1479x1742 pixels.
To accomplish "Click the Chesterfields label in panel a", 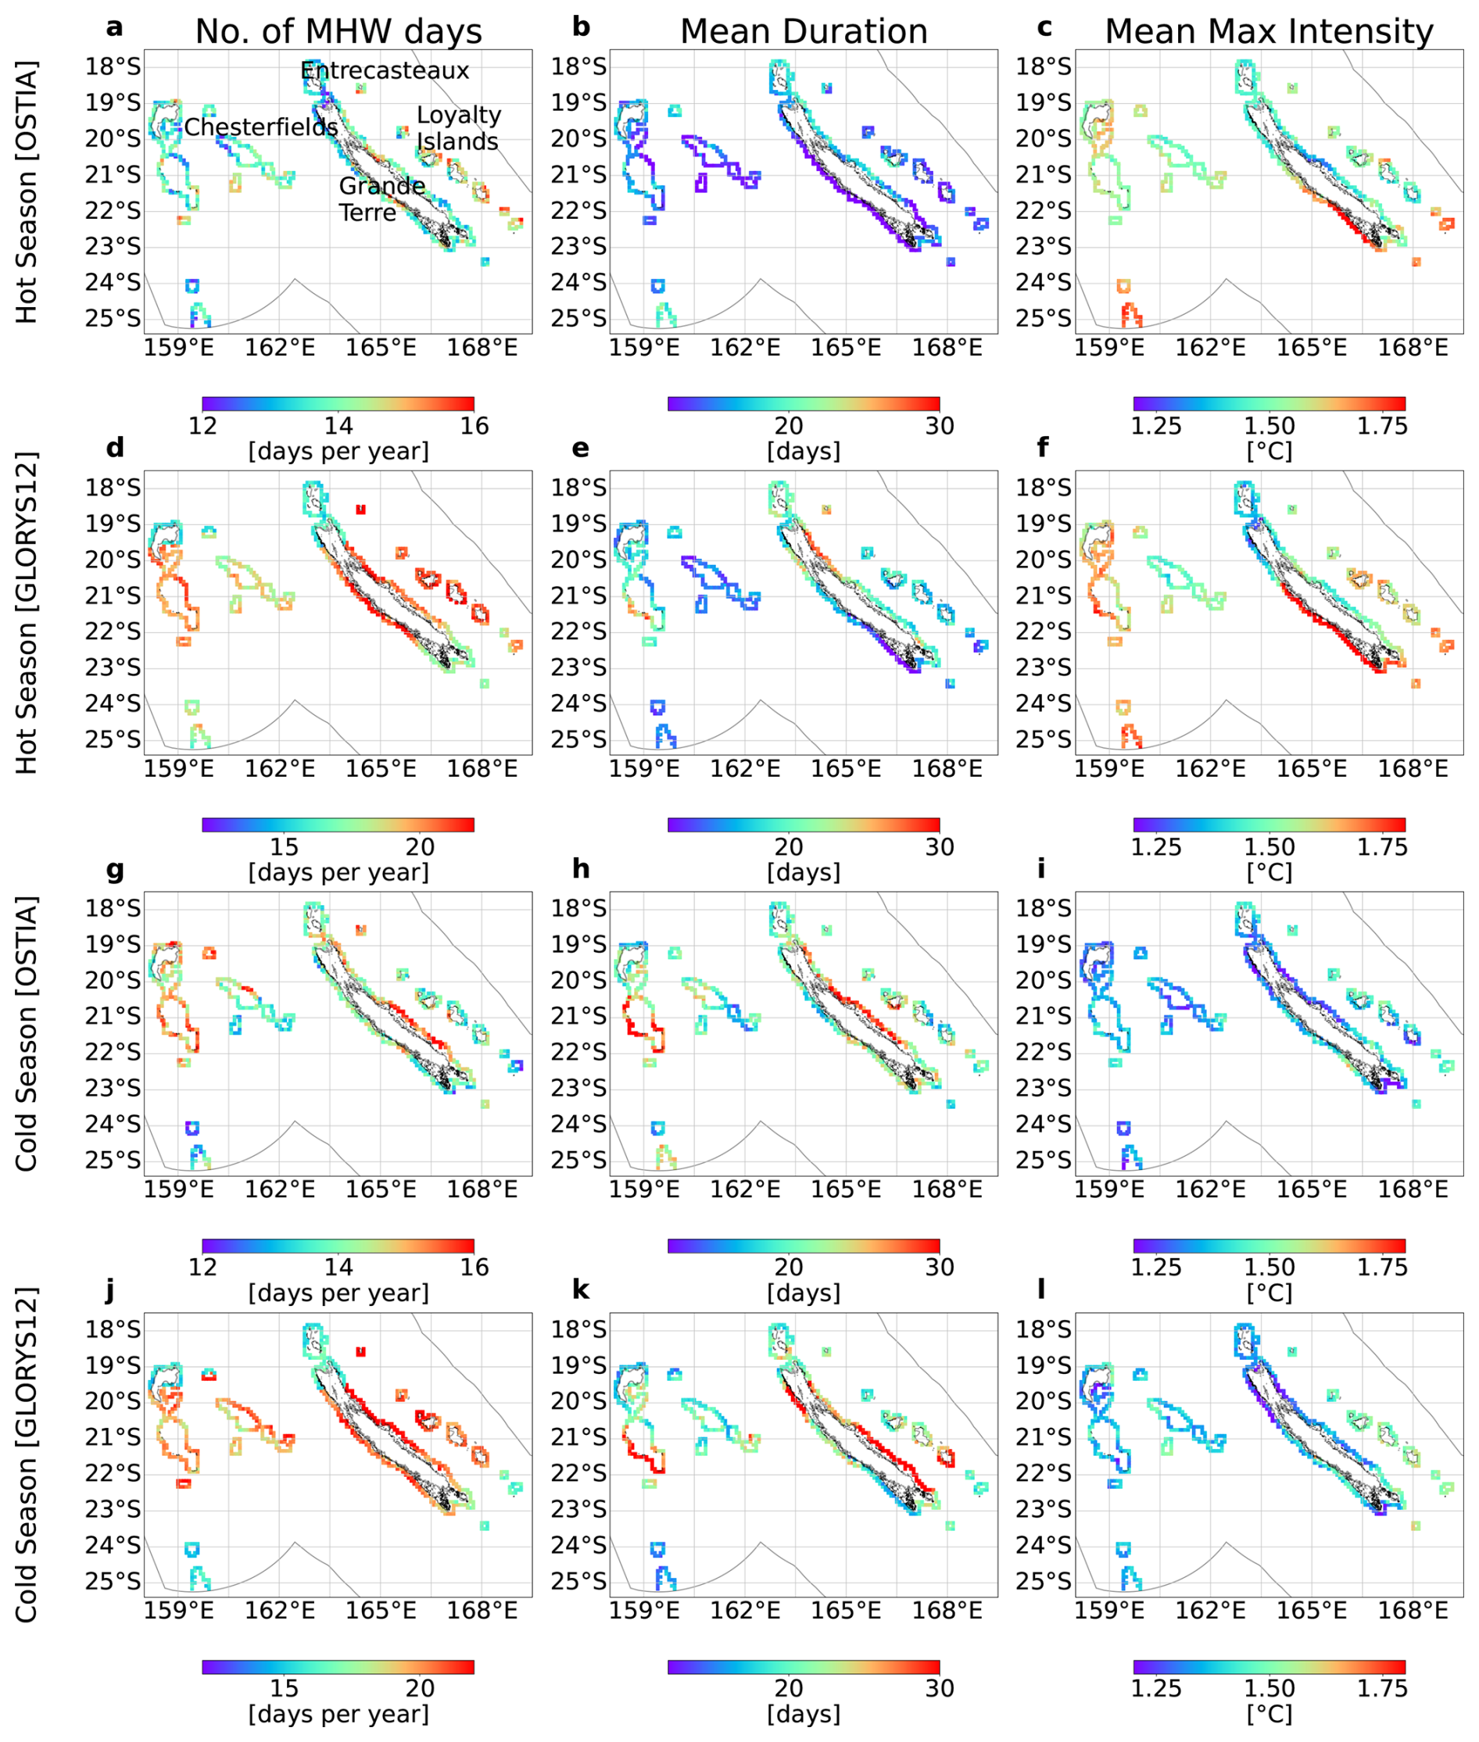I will [x=261, y=127].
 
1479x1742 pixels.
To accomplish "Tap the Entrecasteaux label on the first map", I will [x=385, y=71].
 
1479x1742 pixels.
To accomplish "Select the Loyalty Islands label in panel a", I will [x=458, y=128].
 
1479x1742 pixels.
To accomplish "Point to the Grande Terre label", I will [x=381, y=199].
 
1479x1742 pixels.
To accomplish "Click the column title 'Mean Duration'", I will [x=804, y=32].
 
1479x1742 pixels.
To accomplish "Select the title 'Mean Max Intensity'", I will [x=1269, y=32].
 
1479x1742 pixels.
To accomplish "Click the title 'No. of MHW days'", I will [x=338, y=32].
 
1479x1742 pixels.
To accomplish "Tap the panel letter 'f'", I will [x=1042, y=447].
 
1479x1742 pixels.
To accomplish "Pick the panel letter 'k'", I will [x=580, y=1290].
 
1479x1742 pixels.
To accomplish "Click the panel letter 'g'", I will [x=115, y=868].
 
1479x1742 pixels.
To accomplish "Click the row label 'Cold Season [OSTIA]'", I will [x=27, y=1033].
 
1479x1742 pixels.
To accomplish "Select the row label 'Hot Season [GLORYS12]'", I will [x=27, y=613].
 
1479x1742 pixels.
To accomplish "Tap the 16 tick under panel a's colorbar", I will [x=474, y=426].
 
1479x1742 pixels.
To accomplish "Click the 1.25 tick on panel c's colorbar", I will [x=1155, y=426].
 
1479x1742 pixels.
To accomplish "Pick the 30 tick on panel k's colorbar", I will [x=939, y=1687].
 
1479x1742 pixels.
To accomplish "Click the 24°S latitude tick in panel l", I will [x=1043, y=1545].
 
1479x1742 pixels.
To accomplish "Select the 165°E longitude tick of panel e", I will [x=846, y=769].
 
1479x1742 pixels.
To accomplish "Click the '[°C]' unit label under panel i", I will [x=1269, y=1293].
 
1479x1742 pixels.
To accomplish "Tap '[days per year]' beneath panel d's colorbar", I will [x=338, y=872].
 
